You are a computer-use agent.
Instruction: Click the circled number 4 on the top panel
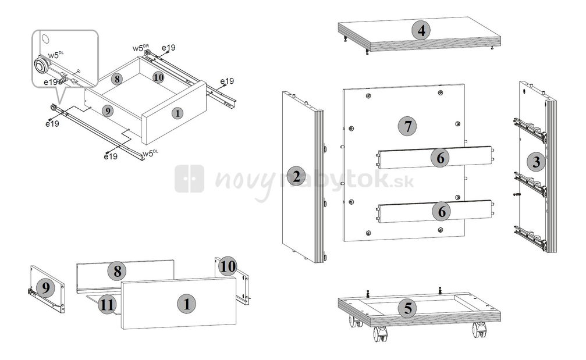pos(421,30)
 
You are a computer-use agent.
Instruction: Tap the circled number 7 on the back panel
pos(407,126)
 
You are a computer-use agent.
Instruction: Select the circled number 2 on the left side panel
pos(297,176)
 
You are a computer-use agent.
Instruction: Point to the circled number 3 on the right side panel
pos(535,162)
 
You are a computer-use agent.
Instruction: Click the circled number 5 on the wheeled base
pos(407,308)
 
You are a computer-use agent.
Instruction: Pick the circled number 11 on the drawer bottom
pos(106,304)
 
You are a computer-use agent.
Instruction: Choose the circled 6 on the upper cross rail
pos(441,158)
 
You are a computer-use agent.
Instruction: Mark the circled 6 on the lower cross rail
pos(442,212)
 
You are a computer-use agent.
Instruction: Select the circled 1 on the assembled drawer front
pos(177,113)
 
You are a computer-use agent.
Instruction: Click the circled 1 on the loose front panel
pos(186,303)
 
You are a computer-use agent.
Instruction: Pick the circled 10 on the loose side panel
pos(228,266)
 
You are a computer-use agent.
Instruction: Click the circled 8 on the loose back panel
pos(117,270)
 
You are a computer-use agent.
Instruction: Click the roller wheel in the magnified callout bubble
pos(41,65)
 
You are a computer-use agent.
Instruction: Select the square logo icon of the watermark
pos(189,179)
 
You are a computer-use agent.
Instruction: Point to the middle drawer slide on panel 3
pos(530,184)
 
